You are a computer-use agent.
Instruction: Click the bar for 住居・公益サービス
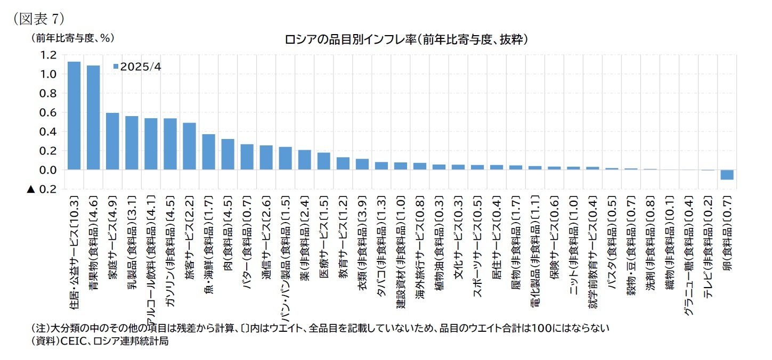pos(74,116)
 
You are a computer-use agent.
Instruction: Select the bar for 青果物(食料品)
pos(93,118)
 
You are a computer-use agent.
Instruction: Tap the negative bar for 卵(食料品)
pos(727,175)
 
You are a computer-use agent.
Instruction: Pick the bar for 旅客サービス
pos(189,146)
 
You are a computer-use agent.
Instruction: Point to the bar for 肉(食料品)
pos(227,154)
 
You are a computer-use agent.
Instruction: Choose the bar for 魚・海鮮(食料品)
pos(208,152)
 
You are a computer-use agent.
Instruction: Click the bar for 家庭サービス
pos(112,141)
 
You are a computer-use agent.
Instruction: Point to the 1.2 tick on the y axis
pos(48,55)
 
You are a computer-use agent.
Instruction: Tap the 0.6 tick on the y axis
pos(48,112)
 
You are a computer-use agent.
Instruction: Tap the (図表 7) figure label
pos(38,18)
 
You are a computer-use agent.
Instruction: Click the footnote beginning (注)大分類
pos(320,328)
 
